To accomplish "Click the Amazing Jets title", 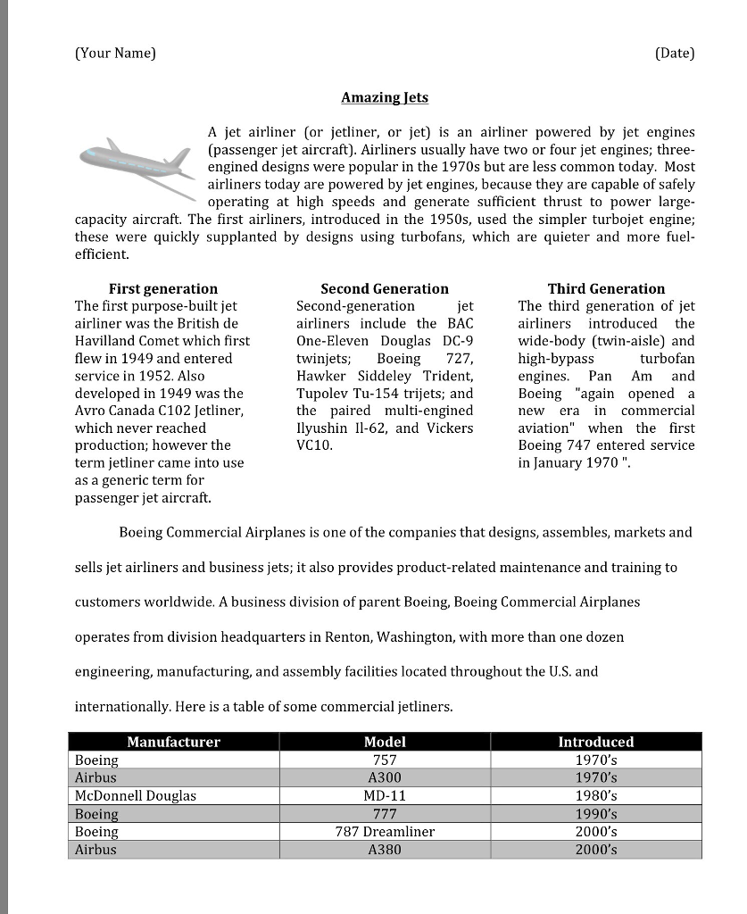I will pyautogui.click(x=385, y=96).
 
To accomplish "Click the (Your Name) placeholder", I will pyautogui.click(x=115, y=53).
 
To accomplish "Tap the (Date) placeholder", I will pyautogui.click(x=674, y=53).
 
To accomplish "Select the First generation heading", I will pyautogui.click(x=162, y=288).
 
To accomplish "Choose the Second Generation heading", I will pyautogui.click(x=385, y=288).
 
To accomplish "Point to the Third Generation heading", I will pyautogui.click(x=606, y=288).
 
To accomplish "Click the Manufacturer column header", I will pyautogui.click(x=173, y=742).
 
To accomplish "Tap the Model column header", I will pyautogui.click(x=385, y=742).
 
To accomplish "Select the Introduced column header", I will pyautogui.click(x=595, y=742).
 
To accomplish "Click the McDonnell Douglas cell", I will pyautogui.click(x=136, y=795).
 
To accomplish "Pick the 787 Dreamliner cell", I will pyautogui.click(x=385, y=831).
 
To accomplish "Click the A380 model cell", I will pyautogui.click(x=385, y=849).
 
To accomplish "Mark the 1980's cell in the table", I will pyautogui.click(x=595, y=795).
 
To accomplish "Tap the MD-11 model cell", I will pyautogui.click(x=385, y=795).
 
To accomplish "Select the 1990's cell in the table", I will pyautogui.click(x=595, y=813).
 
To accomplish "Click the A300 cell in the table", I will pyautogui.click(x=385, y=777).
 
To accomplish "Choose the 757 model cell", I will pyautogui.click(x=385, y=760).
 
